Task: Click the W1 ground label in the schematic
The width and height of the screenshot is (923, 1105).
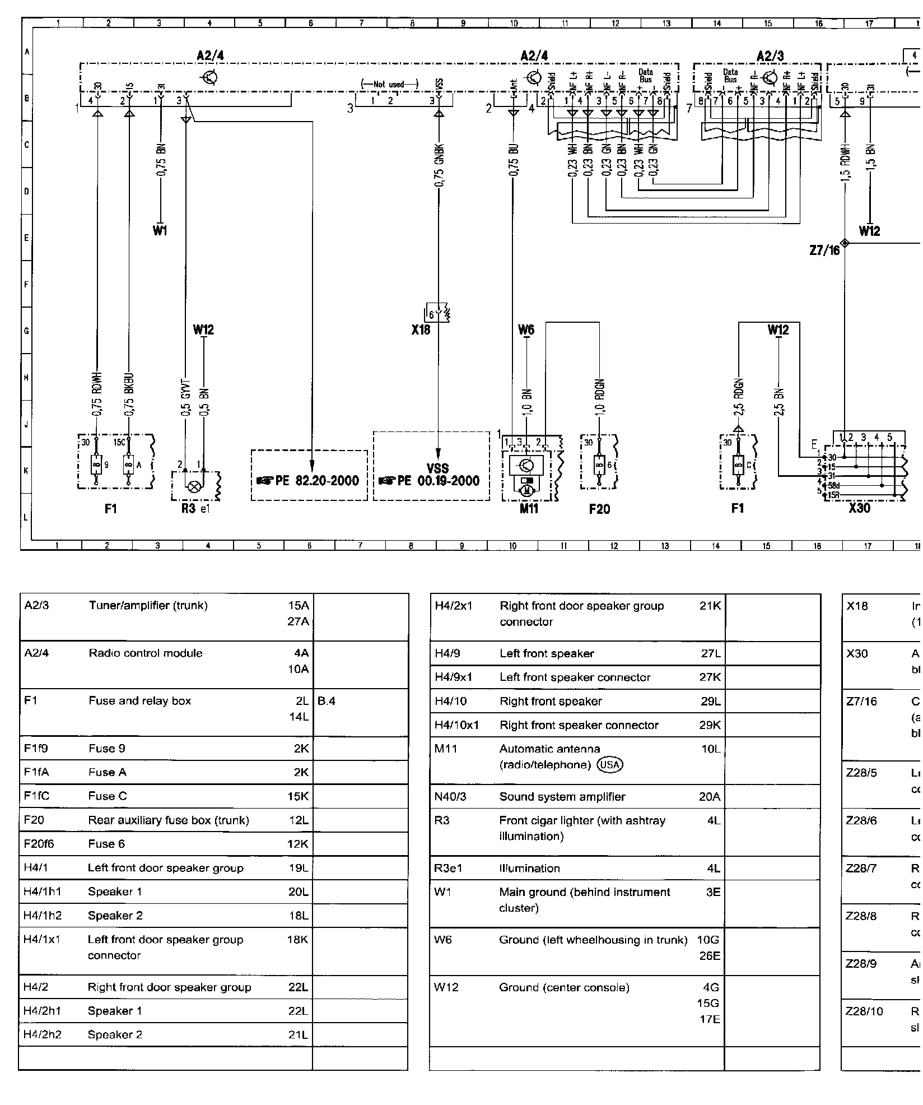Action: (x=160, y=231)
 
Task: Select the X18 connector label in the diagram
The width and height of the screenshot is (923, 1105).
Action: (x=421, y=330)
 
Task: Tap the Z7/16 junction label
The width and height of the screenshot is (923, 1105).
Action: (x=825, y=250)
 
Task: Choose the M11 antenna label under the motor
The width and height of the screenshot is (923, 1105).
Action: (x=528, y=509)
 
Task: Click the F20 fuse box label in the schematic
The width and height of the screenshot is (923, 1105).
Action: (x=599, y=509)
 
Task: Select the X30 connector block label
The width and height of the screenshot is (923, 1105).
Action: (x=859, y=509)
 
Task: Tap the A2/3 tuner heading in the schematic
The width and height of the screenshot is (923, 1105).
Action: (x=770, y=56)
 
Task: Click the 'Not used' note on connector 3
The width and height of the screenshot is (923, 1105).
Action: (x=389, y=85)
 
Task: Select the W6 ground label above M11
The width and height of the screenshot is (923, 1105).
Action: (x=526, y=330)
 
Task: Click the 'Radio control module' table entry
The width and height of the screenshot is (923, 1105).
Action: (x=146, y=653)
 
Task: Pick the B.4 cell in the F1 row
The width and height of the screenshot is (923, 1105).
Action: (x=327, y=701)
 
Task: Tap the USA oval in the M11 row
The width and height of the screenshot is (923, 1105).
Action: (x=610, y=765)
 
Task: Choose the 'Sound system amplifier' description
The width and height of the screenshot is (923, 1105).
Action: (x=562, y=797)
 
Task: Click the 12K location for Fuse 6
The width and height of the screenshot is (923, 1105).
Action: (x=298, y=844)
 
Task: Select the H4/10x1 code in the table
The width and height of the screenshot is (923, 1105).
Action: (x=457, y=725)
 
